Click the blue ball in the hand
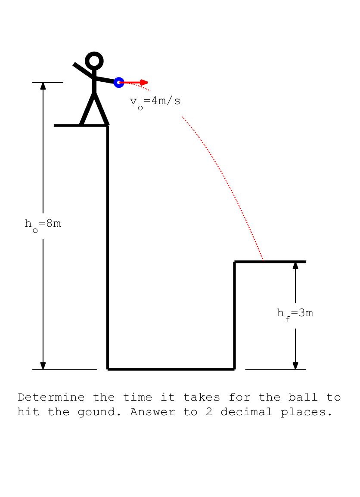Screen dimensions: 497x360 pyautogui.click(x=119, y=82)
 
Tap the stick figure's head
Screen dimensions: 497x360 pyautogui.click(x=94, y=61)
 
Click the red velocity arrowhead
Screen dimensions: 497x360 pyautogui.click(x=145, y=82)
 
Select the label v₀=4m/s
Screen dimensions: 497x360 pyautogui.click(x=155, y=102)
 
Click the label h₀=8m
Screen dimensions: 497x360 pyautogui.click(x=43, y=224)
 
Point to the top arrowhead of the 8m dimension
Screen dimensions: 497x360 pyautogui.click(x=43, y=86)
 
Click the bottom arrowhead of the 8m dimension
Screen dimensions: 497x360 pyautogui.click(x=43, y=365)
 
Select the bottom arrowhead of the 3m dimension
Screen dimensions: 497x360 pyautogui.click(x=295, y=365)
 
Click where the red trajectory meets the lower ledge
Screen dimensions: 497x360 pyautogui.click(x=263, y=261)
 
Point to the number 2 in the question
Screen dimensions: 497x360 pyautogui.click(x=209, y=412)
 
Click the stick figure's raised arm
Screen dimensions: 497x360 pyautogui.click(x=83, y=70)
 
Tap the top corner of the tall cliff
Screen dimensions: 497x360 pyautogui.click(x=108, y=126)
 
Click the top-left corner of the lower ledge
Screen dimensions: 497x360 pyautogui.click(x=235, y=262)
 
